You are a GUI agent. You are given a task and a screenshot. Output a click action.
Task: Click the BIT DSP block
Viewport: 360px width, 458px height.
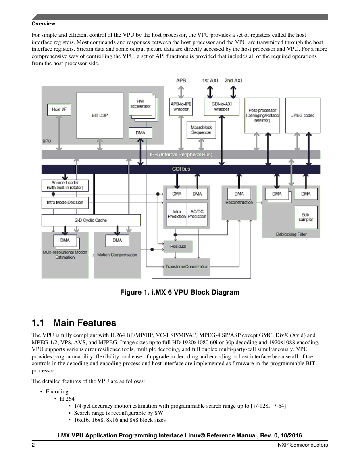100,115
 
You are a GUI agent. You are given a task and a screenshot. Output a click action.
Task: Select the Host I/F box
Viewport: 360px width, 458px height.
59,109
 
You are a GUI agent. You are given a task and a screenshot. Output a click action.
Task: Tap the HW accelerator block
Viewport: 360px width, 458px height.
140,104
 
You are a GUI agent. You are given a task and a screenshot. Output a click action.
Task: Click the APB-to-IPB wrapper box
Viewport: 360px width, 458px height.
181,107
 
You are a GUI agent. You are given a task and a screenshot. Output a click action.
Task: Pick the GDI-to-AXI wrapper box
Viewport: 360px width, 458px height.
222,107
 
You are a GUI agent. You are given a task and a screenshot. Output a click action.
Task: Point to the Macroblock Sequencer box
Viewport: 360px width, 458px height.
201,130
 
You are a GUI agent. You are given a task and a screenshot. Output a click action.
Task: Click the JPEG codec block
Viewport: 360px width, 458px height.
303,115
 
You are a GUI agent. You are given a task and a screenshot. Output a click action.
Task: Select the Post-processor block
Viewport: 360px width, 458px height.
262,115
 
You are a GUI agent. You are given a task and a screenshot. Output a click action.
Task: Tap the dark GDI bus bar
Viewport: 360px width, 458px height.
181,169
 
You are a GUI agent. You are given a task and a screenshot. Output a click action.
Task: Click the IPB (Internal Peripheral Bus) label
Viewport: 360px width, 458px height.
181,155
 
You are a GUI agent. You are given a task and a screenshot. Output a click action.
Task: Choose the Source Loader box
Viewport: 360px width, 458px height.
65,185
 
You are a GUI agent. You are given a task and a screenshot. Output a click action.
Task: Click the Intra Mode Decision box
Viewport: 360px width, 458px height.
65,203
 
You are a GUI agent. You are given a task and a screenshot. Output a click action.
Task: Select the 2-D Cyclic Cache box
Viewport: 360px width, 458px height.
91,220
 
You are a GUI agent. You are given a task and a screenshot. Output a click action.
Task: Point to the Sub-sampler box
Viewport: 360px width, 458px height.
306,217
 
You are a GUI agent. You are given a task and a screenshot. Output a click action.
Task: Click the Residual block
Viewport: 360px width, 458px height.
178,246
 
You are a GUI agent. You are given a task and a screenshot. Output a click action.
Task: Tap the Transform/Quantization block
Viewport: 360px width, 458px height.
187,267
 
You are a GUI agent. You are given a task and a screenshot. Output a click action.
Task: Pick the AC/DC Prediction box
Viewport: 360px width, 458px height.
197,214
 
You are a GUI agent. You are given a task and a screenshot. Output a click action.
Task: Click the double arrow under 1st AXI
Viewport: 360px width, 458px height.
210,92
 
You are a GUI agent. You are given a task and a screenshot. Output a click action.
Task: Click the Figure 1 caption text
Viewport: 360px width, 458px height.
180,292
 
